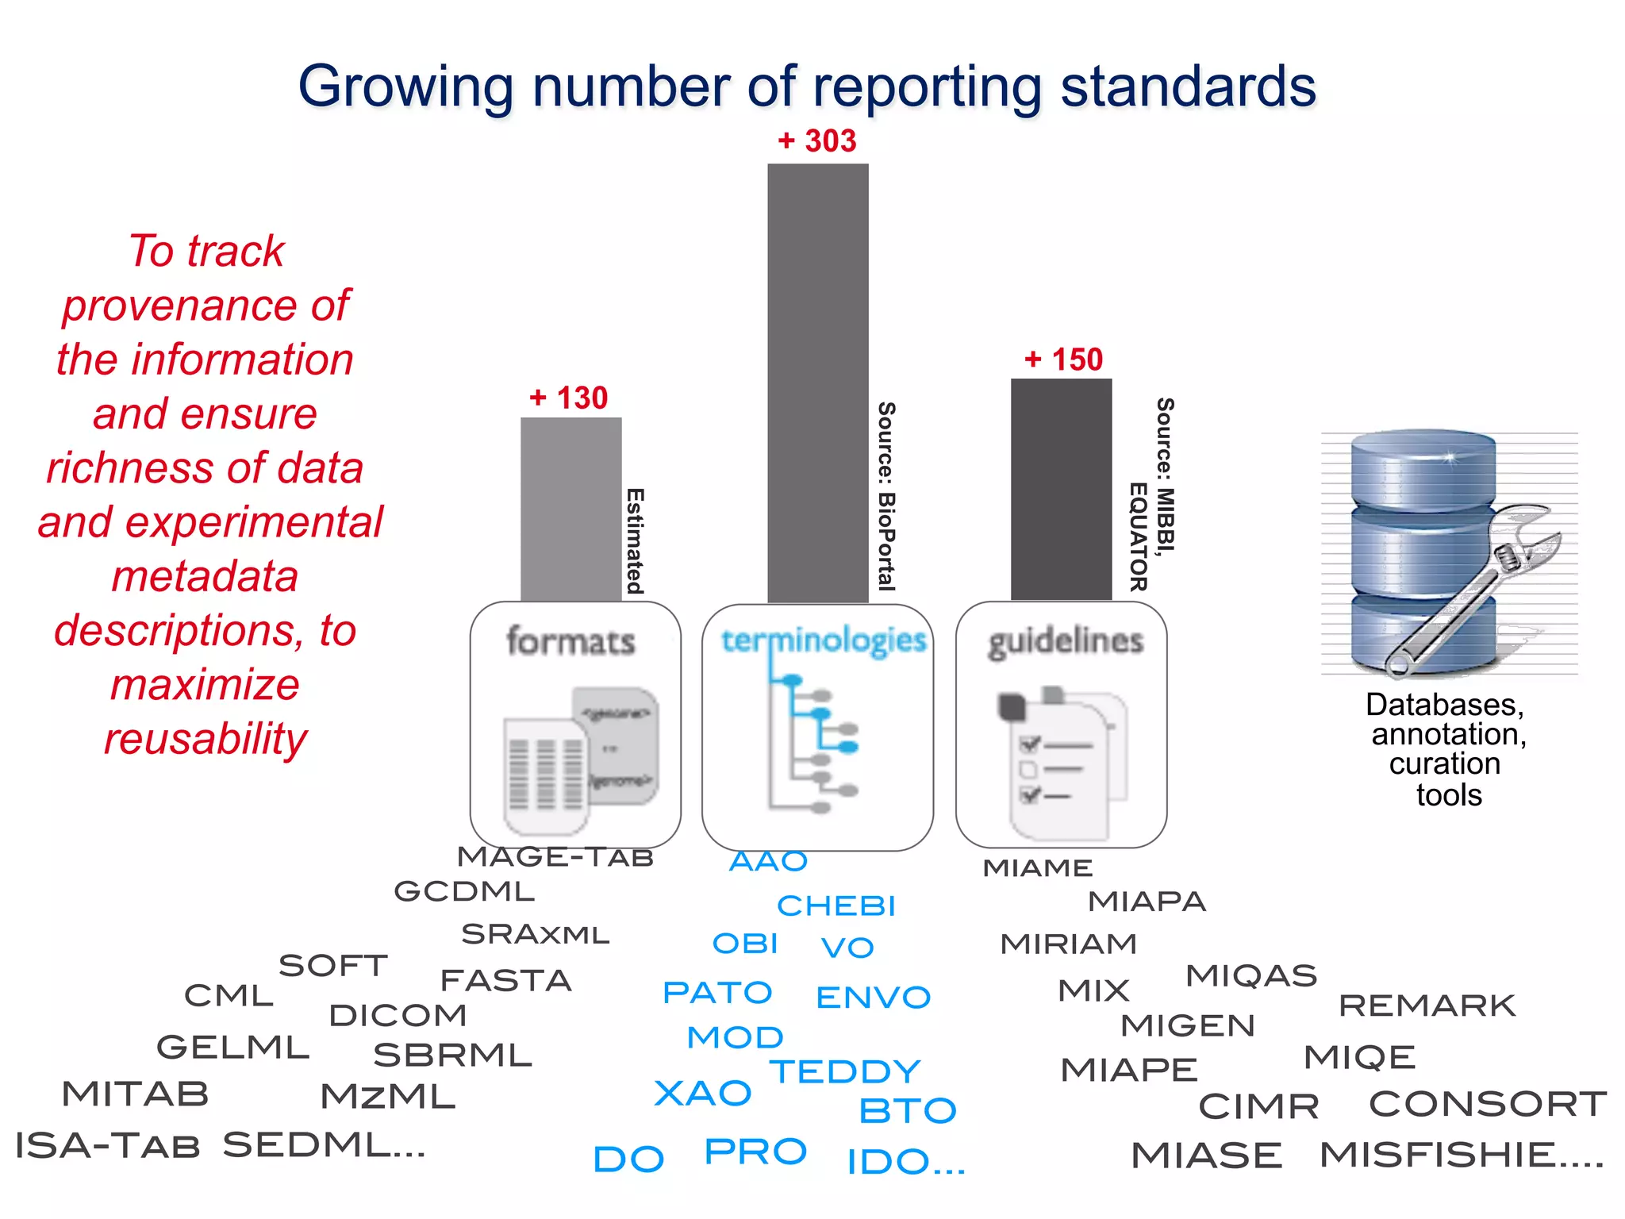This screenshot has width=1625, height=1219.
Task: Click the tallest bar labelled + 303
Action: tap(817, 381)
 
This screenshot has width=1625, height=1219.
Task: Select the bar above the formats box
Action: tap(570, 508)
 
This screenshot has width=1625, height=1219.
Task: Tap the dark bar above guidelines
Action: tap(1061, 488)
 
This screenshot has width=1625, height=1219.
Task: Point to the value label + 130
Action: tap(569, 398)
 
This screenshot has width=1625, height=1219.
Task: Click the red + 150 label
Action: tap(1063, 360)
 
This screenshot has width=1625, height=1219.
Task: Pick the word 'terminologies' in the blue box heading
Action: tap(823, 640)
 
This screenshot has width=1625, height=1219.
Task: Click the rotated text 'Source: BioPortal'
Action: tap(886, 496)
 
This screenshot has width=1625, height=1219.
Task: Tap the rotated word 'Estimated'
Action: tap(635, 541)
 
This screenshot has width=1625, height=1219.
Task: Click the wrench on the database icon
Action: tap(1476, 587)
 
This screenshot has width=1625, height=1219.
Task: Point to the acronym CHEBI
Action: tap(836, 906)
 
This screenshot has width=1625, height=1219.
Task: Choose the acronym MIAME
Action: tap(1038, 868)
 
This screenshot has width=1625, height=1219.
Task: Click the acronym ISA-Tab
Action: tap(107, 1146)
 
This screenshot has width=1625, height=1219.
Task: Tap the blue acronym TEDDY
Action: tap(845, 1071)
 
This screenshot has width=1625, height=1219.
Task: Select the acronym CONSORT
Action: tap(1488, 1104)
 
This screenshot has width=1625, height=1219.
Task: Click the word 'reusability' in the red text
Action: tap(206, 739)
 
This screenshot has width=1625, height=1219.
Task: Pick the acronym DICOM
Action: tap(398, 1015)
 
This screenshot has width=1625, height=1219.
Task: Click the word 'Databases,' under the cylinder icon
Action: tap(1444, 705)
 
